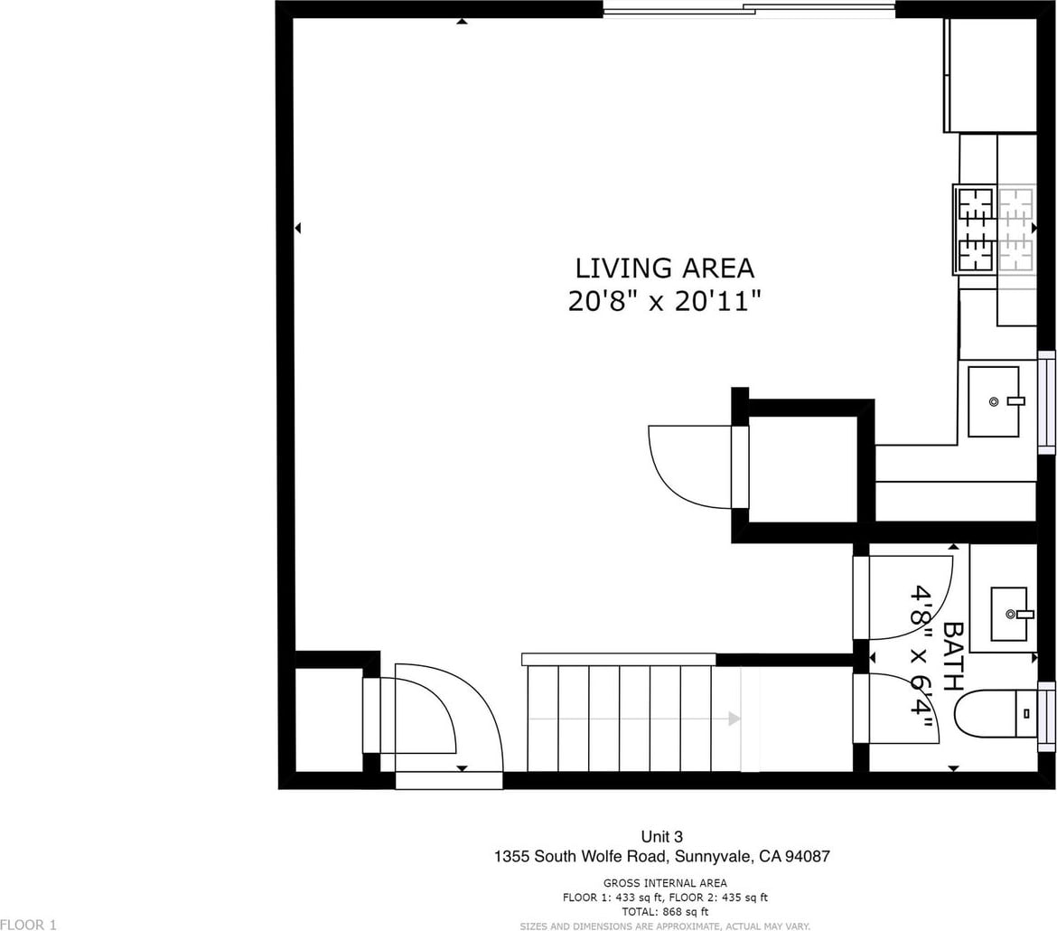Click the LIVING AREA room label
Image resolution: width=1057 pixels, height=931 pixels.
664,268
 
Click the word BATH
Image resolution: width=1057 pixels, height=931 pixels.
952,655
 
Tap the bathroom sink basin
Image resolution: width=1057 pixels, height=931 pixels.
1008,613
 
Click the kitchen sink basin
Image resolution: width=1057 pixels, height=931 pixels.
993,401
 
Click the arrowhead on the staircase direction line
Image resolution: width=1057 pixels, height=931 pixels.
734,719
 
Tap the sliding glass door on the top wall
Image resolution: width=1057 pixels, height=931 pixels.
749,9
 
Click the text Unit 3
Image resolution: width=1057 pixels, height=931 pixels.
661,837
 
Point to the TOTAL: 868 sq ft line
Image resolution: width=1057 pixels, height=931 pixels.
665,912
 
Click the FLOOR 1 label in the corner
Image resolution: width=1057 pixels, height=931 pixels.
28,925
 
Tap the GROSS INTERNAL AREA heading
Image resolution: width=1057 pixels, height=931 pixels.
665,883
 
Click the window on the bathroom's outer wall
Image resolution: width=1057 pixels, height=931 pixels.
1046,717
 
